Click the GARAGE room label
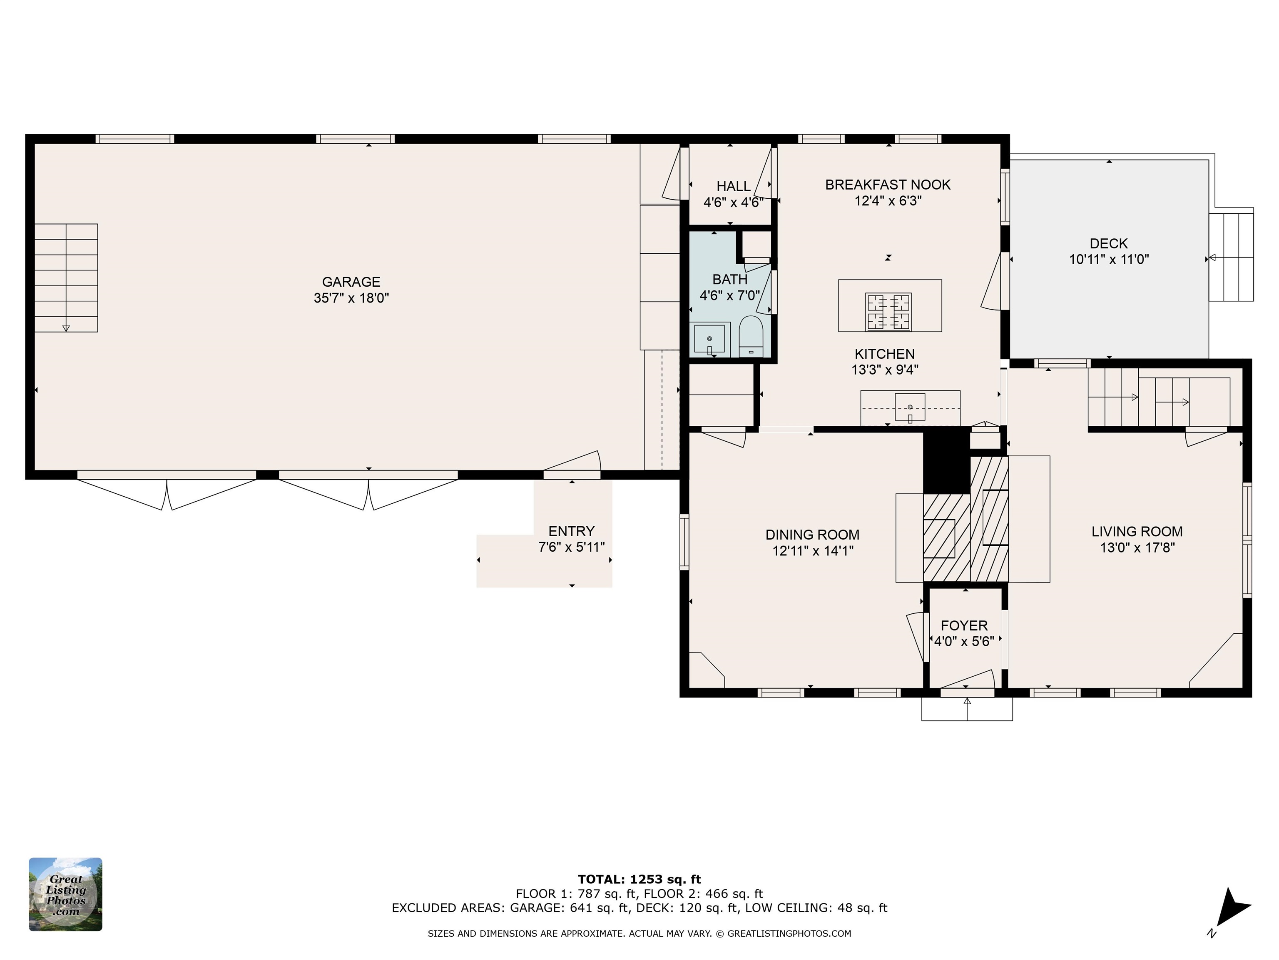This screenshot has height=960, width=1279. coord(351,282)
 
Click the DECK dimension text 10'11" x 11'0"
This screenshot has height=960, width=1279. coord(1108,259)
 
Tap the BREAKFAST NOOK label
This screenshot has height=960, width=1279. coord(888,185)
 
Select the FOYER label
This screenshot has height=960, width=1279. coord(964,625)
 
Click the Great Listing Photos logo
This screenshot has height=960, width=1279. coord(65,894)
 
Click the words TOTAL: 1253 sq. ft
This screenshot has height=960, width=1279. coord(639,880)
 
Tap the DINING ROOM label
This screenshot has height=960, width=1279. coord(812,535)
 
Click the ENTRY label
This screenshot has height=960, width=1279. coord(571,531)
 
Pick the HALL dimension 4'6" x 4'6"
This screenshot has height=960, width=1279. coord(733,202)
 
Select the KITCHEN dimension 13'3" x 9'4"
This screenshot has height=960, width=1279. coord(885,370)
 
